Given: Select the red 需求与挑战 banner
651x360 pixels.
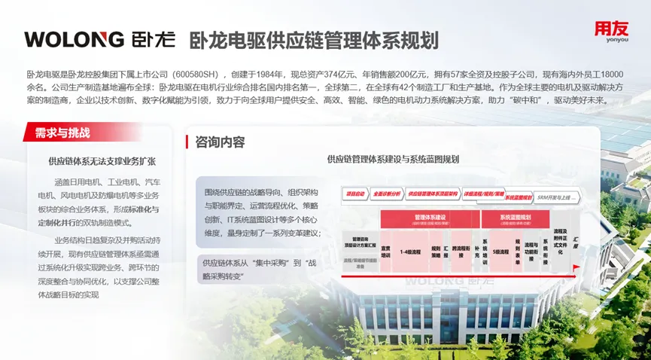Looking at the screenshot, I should pyautogui.click(x=63, y=133).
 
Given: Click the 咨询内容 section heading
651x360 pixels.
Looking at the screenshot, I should pyautogui.click(x=220, y=142).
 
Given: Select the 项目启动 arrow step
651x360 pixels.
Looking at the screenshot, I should pyautogui.click(x=354, y=194).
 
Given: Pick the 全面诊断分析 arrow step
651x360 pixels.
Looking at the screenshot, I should pyautogui.click(x=386, y=194).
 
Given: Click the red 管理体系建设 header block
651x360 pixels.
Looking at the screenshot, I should pyautogui.click(x=430, y=218).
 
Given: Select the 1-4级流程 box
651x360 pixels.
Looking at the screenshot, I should pyautogui.click(x=410, y=250).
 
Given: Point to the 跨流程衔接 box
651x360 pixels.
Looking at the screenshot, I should pyautogui.click(x=461, y=250).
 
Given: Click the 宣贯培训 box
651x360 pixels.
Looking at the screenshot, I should pyautogui.click(x=385, y=250).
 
